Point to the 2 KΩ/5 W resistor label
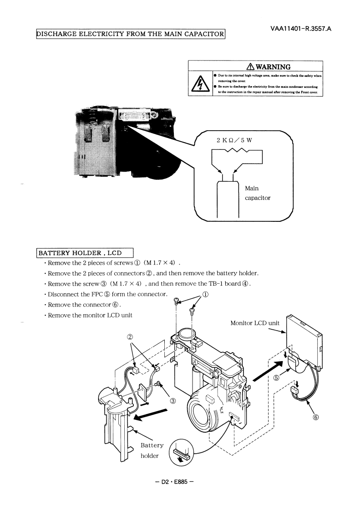tap(234, 139)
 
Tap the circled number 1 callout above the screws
tap(206, 294)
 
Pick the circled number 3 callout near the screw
tap(173, 401)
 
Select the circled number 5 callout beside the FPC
tap(276, 378)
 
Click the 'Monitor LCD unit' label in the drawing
tap(255, 323)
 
